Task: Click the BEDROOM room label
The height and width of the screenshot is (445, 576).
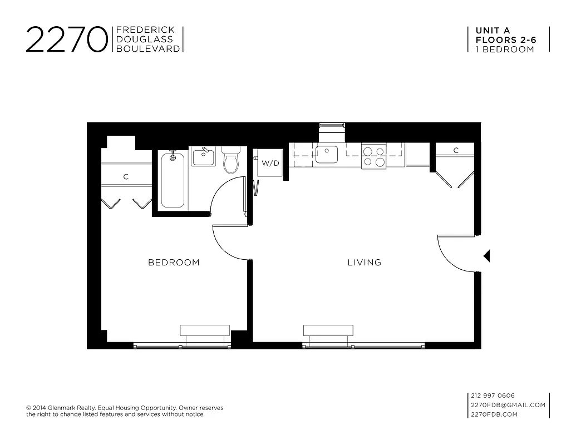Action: click(x=174, y=263)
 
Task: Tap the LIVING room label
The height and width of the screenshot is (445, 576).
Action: click(x=365, y=263)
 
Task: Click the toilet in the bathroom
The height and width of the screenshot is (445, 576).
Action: click(x=230, y=160)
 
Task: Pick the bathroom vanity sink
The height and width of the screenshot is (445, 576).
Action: click(x=203, y=156)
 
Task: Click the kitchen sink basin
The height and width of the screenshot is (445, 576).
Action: click(x=327, y=154)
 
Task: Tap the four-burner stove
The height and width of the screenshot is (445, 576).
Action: click(x=374, y=156)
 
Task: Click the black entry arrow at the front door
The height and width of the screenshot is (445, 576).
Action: click(x=486, y=256)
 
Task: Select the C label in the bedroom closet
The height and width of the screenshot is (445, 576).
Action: click(x=126, y=177)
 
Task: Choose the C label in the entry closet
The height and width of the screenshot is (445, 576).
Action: click(x=456, y=150)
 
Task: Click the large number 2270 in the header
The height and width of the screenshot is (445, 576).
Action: click(x=66, y=40)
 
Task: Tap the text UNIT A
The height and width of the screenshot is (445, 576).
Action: click(x=492, y=31)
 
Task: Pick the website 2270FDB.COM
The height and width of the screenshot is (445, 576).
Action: click(x=494, y=414)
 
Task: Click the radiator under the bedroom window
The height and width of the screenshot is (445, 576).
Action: click(x=205, y=330)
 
